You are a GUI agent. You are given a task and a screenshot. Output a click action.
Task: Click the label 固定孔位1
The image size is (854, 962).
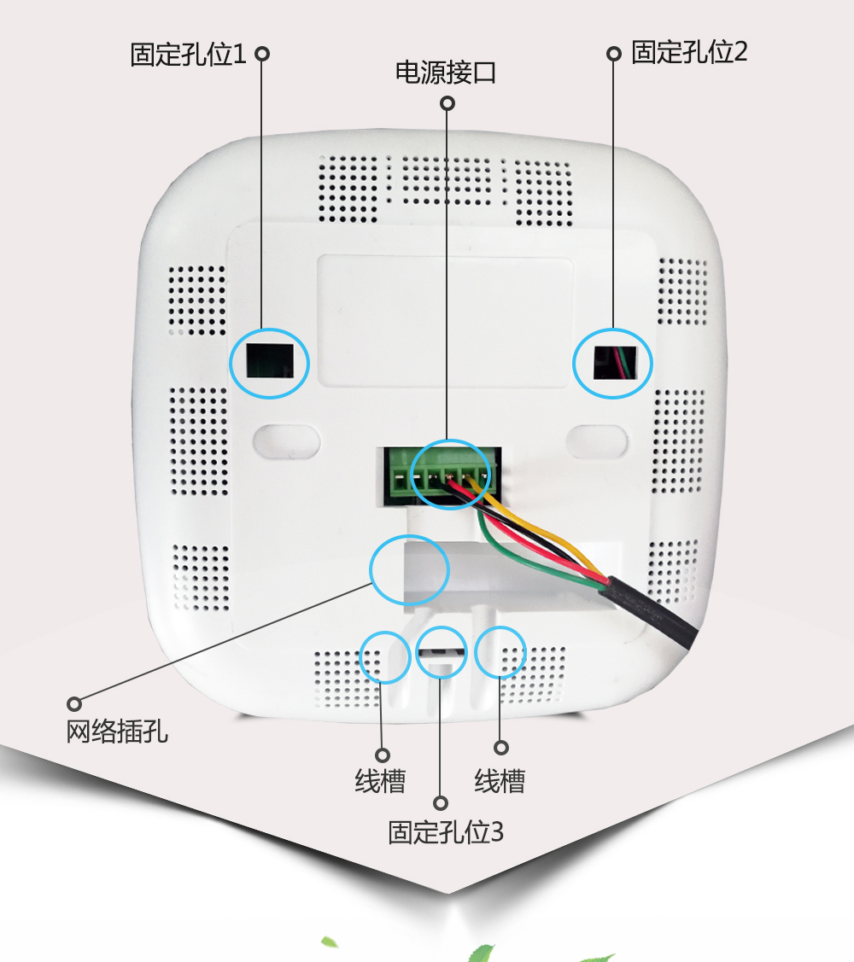(188, 55)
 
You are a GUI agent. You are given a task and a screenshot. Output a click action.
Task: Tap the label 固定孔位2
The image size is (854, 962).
(689, 52)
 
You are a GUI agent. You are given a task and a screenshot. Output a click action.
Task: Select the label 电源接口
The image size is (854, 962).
(445, 73)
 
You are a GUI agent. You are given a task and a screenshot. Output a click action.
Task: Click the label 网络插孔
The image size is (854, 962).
(117, 732)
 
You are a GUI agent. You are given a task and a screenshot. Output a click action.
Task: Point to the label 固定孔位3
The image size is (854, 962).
(445, 832)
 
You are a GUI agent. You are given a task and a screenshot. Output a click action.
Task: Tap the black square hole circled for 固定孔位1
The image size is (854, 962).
(269, 362)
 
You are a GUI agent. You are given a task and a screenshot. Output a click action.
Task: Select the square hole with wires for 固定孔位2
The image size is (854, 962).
(612, 363)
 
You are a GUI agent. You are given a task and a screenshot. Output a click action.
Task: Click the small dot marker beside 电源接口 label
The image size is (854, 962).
(447, 103)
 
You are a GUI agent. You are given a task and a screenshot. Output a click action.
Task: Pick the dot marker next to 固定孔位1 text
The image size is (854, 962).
(262, 54)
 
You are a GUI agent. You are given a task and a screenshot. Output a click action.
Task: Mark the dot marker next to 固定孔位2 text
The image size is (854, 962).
(613, 53)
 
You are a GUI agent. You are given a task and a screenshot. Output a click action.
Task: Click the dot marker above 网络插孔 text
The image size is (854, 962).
(74, 704)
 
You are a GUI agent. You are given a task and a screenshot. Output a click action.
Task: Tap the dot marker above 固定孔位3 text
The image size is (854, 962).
(441, 803)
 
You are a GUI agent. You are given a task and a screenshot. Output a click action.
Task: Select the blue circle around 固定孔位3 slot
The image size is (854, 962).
(442, 653)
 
